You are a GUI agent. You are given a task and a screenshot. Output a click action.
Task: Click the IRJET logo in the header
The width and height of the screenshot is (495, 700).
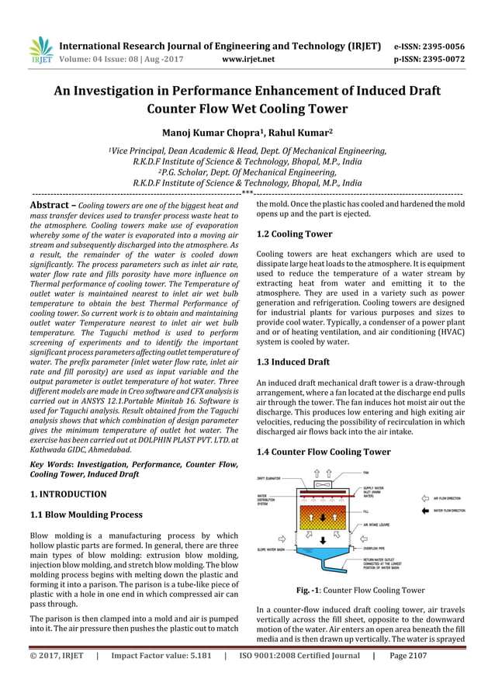click(x=40, y=50)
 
